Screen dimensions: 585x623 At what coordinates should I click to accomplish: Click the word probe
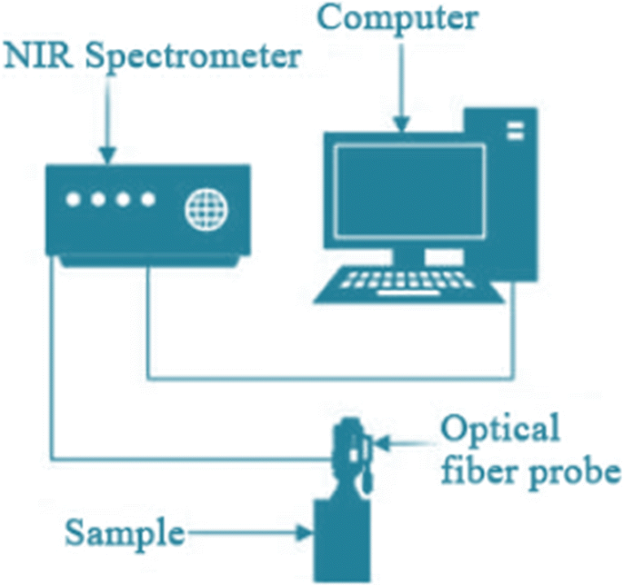click(x=582, y=472)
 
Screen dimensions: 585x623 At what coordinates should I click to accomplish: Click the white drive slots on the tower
click(x=515, y=131)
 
